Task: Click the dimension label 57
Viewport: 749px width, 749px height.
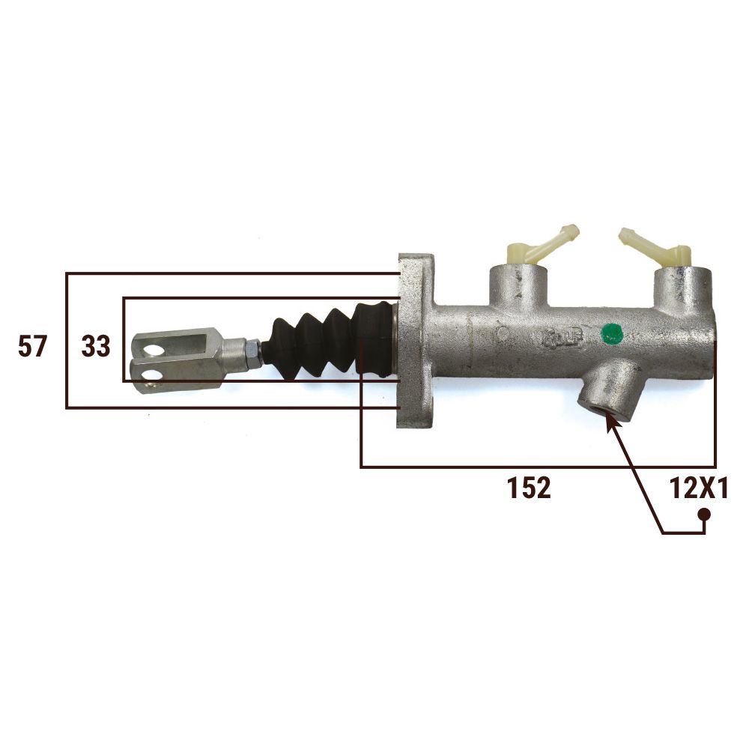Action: [32, 346]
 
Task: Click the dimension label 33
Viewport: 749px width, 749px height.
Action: [96, 346]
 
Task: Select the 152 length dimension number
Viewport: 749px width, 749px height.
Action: [529, 488]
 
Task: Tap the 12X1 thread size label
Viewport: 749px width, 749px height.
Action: [698, 488]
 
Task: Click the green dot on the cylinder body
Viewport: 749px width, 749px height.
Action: [611, 333]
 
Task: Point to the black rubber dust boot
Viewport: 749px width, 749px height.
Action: [329, 339]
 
